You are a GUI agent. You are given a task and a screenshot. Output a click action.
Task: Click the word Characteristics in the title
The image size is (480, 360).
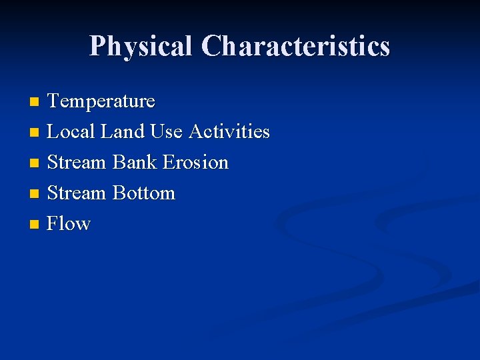pyautogui.click(x=295, y=47)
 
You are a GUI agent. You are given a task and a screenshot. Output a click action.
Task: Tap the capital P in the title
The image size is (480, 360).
pyautogui.click(x=98, y=47)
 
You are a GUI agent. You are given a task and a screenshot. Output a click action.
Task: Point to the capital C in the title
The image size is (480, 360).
pyautogui.click(x=213, y=47)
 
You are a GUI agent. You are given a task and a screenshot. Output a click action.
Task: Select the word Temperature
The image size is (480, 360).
pyautogui.click(x=101, y=101)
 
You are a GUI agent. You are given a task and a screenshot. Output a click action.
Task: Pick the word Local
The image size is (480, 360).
pyautogui.click(x=71, y=132)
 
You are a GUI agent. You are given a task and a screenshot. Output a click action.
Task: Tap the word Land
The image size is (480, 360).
pyautogui.click(x=123, y=132)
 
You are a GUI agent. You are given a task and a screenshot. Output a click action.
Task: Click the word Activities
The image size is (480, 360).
pyautogui.click(x=229, y=132)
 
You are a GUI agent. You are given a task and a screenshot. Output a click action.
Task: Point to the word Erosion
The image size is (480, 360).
pyautogui.click(x=196, y=163)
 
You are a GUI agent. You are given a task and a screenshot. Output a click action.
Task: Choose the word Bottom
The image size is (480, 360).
pyautogui.click(x=144, y=193)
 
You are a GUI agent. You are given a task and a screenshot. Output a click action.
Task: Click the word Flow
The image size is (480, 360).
pyautogui.click(x=69, y=223)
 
